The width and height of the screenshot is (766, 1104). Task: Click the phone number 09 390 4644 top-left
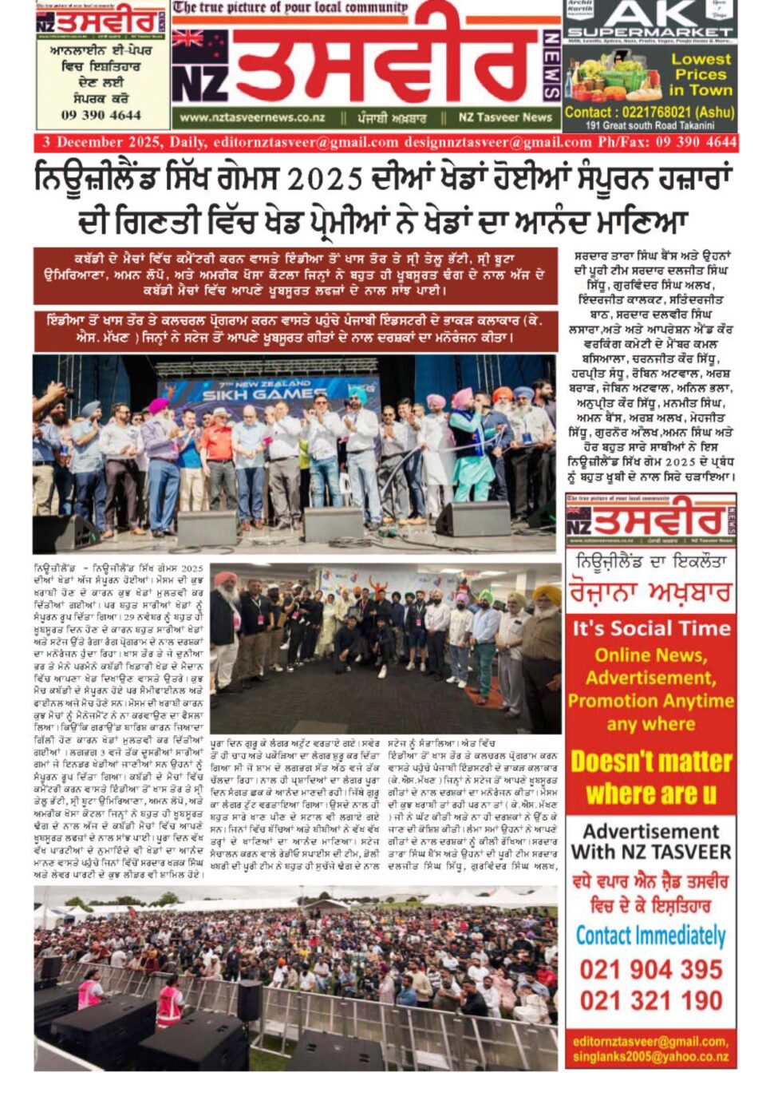[101, 115]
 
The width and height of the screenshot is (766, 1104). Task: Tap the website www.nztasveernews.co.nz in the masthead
[252, 117]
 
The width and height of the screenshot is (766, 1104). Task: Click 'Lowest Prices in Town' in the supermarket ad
[700, 74]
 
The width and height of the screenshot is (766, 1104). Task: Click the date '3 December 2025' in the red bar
[102, 143]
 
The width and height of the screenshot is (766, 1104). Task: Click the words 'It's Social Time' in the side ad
[651, 628]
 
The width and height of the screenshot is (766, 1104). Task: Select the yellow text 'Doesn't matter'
[651, 762]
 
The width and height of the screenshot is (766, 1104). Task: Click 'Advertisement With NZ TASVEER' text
[651, 841]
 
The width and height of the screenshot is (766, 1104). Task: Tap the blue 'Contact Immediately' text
[651, 936]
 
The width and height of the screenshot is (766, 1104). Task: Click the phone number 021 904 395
[651, 969]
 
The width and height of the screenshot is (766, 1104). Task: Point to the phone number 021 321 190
[651, 1000]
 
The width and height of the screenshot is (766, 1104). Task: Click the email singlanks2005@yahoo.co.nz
[651, 1056]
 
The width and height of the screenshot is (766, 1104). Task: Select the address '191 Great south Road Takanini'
[650, 126]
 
